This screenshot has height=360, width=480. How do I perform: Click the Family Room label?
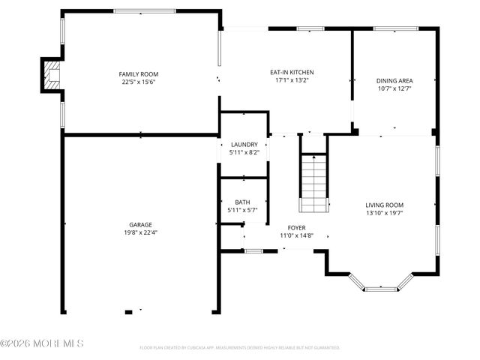point(139,73)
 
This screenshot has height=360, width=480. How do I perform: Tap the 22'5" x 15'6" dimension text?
point(139,82)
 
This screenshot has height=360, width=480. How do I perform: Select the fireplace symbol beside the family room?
point(51,74)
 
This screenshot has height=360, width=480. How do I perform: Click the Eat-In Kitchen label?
point(286,72)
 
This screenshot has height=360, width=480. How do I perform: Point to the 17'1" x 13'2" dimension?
point(286,80)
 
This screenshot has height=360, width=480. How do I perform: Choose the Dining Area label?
point(394,80)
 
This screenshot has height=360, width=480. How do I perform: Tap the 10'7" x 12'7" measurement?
point(394,88)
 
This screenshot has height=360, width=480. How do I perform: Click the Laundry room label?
point(244,144)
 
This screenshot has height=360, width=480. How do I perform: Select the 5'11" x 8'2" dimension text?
point(244,152)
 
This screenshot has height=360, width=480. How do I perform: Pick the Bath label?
point(242,202)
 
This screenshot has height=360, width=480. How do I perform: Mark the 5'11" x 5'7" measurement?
point(242,210)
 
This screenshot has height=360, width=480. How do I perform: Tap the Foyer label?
point(296,227)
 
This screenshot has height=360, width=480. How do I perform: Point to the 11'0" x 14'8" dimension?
point(296,235)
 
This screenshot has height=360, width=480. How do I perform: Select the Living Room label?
point(384,205)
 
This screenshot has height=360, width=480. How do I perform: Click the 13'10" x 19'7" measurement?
point(384,213)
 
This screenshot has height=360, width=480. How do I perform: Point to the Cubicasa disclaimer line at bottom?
point(240,348)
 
